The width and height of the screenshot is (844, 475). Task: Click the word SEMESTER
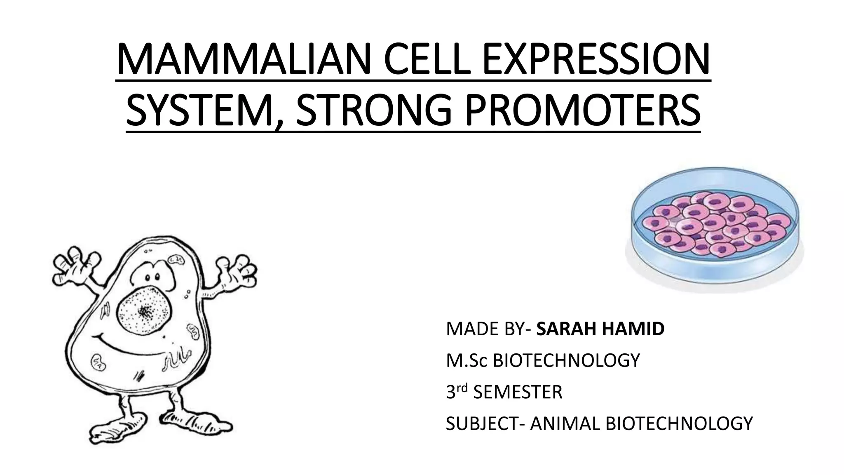[x=518, y=392]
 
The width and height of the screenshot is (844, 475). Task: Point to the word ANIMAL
[x=565, y=423]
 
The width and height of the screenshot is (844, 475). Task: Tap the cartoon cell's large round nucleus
[x=144, y=310]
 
